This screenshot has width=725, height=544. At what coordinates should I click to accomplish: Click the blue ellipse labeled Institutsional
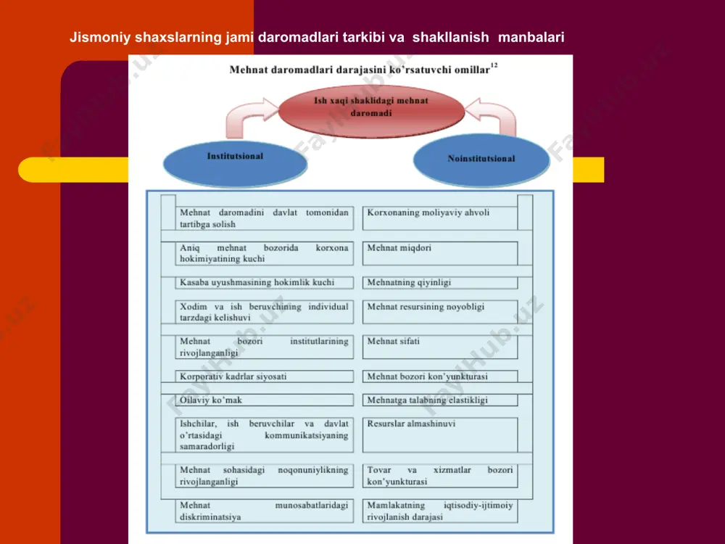[x=235, y=164]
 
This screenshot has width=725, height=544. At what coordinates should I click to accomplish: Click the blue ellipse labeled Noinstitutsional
[x=481, y=160]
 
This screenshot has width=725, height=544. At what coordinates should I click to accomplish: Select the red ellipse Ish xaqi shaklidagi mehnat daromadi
[x=371, y=111]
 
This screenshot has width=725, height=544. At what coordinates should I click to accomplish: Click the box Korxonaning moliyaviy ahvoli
[x=440, y=218]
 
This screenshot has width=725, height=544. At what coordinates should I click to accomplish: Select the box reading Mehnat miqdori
[x=440, y=253]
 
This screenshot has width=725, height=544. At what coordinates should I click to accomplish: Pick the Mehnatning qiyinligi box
[x=440, y=283]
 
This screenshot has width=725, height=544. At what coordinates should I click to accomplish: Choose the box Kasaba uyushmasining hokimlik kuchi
[x=264, y=283]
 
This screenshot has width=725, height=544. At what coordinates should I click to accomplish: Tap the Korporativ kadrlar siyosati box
[x=264, y=376]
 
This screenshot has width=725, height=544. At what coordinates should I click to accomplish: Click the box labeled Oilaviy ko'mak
[x=264, y=400]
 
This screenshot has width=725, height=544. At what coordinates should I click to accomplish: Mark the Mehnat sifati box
[x=440, y=347]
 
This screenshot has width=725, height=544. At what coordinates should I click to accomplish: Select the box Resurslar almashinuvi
[x=440, y=434]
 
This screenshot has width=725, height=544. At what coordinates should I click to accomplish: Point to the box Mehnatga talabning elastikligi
[x=440, y=400]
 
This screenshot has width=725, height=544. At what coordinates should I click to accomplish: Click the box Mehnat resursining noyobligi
[x=440, y=312]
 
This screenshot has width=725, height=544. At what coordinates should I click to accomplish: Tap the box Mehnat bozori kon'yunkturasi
[x=440, y=376]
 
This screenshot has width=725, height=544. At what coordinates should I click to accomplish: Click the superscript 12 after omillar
[x=494, y=66]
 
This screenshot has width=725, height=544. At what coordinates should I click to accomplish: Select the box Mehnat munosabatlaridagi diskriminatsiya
[x=264, y=511]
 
